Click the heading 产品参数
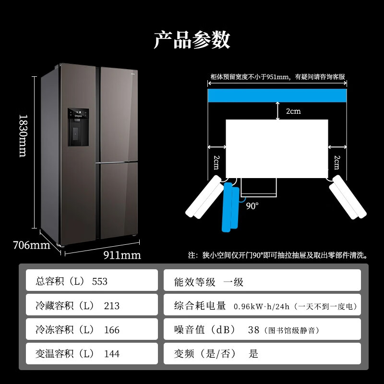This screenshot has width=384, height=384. click(192, 40)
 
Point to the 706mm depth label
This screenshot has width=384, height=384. click(32, 245)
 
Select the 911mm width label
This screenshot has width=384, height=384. click(122, 255)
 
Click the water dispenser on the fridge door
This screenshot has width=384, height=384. click(78, 127)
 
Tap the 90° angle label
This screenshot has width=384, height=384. click(252, 205)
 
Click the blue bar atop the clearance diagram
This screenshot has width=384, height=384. click(277, 95)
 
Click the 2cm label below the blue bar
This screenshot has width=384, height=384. click(293, 111)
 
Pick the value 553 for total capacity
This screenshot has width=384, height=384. click(99, 281)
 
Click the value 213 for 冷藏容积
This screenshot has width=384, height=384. click(111, 306)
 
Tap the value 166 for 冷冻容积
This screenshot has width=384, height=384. click(111, 330)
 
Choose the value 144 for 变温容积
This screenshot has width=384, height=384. click(111, 354)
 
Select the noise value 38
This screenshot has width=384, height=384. click(253, 330)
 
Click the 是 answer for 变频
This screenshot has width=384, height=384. click(253, 354)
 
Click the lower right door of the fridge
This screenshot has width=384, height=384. click(118, 201)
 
